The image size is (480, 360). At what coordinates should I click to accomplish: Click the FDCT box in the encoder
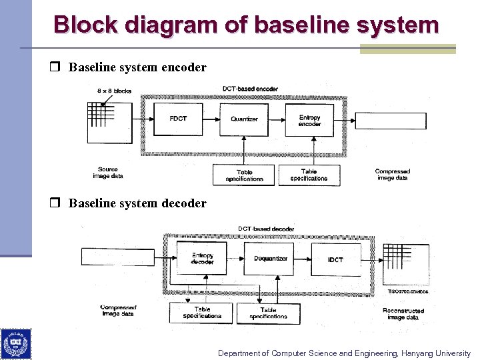[x=178, y=119]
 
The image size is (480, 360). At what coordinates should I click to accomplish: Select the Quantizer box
[x=244, y=119]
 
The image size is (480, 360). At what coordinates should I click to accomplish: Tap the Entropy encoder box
[x=309, y=120]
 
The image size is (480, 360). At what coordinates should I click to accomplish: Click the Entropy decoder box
[x=202, y=259]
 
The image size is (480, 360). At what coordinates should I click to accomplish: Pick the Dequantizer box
[x=270, y=259]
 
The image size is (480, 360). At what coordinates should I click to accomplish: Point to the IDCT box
[x=336, y=259]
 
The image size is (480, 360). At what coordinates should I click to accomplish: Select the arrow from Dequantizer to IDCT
[x=303, y=259]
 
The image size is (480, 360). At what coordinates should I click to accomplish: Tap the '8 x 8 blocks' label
[x=114, y=91]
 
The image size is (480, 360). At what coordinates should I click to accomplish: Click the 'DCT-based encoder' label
[x=250, y=89]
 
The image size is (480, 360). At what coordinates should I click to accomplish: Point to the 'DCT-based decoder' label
[x=266, y=229]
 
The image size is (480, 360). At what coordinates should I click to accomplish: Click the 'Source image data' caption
[x=107, y=173]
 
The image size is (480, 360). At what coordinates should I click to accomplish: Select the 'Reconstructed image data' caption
[x=403, y=314]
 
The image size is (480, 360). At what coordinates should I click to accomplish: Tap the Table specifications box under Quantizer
[x=244, y=175]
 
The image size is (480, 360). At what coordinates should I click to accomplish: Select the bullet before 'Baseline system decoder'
[x=55, y=203]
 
